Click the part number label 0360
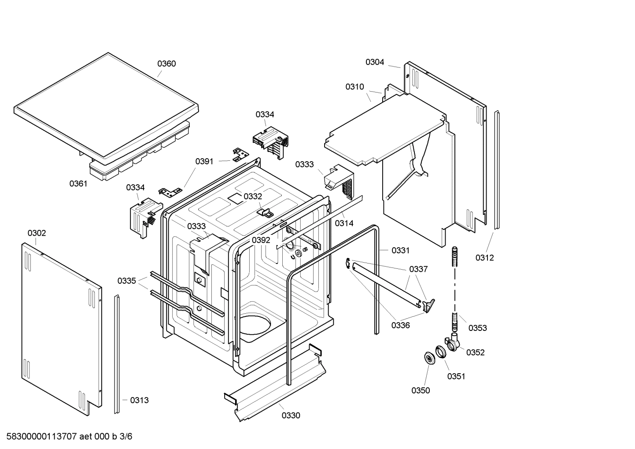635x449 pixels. point(166,63)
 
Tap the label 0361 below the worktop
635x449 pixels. point(78,184)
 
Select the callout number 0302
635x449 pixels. point(37,233)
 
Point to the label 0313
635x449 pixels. point(139,400)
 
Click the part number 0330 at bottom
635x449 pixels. point(291,416)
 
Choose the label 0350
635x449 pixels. point(421,390)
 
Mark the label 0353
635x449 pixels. point(477,328)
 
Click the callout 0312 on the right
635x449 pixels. point(484,258)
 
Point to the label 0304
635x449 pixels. point(375,62)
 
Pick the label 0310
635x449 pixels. point(354,87)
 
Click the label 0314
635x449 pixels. point(344,223)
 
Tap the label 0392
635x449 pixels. point(261,240)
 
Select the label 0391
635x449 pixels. point(204,161)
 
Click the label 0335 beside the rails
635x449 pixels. point(126,281)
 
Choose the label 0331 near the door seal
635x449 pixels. point(400,250)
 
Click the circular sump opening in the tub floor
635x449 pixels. point(256,326)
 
